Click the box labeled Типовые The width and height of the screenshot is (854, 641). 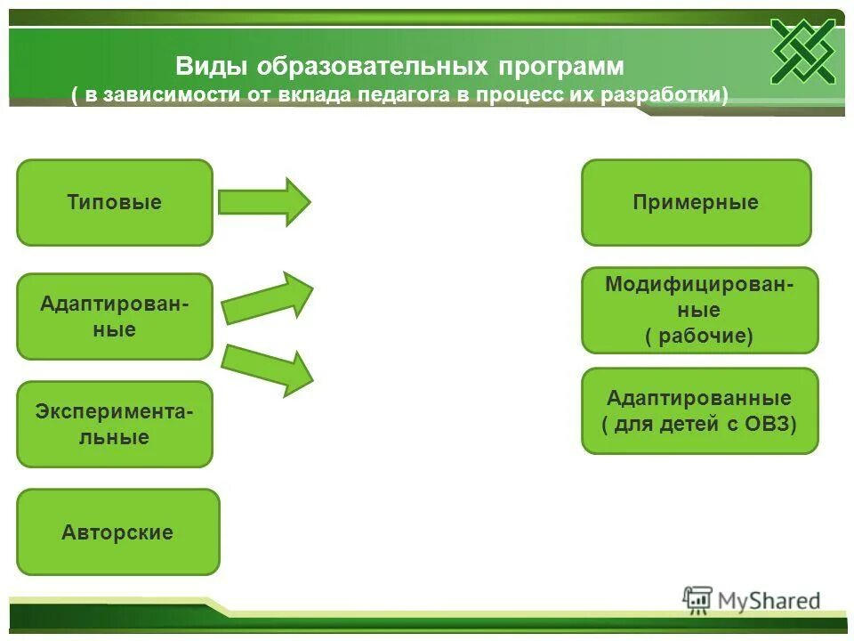[115, 202]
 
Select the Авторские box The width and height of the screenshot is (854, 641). [117, 532]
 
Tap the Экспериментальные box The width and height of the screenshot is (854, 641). [115, 425]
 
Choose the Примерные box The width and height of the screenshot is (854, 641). [696, 202]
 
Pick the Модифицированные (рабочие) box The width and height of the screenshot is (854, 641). [699, 310]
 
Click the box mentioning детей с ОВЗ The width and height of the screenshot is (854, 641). [699, 410]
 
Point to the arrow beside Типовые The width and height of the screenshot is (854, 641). [264, 202]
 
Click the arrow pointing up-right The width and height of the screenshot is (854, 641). [268, 297]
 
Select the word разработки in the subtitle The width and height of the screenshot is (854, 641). [672, 95]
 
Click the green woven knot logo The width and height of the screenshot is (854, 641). [802, 51]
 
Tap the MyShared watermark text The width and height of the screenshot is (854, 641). [769, 602]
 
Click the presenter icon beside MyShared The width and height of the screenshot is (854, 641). [697, 600]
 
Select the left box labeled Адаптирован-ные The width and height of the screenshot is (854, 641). [115, 316]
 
